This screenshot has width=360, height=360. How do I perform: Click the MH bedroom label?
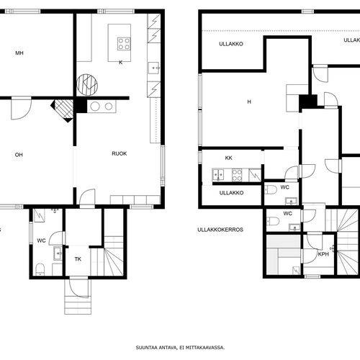pos(19,53)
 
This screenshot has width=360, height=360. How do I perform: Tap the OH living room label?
pos(19,155)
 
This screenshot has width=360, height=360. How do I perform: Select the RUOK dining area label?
pos(120,153)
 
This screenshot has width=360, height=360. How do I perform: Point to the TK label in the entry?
pos(78,259)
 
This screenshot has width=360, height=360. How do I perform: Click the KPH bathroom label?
pos(323,254)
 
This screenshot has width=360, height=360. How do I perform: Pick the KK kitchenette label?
pos(229,158)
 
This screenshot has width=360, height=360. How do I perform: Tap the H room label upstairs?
pos(249,102)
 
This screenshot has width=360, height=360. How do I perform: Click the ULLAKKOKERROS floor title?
pos(220,230)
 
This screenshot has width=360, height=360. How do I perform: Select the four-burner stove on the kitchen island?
pos(124,44)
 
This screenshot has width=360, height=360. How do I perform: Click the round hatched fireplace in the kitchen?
pos(87,85)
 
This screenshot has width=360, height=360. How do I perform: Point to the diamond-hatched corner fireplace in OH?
pos(63,110)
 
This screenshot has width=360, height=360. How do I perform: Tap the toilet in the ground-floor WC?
pos(40,270)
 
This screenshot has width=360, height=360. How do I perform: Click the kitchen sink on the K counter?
pos(153,68)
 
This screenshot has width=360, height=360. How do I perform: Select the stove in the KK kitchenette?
pos(237,175)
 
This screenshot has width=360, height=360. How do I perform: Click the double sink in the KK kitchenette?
pos(218,175)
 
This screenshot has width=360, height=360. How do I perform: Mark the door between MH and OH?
pos(22,108)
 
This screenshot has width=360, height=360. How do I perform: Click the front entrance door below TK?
pos(78,287)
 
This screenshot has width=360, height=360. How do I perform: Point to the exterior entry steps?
pos(78,305)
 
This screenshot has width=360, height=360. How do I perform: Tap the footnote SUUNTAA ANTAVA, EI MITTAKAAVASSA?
pos(180,348)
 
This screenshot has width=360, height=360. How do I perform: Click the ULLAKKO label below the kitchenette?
pos(231,193)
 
